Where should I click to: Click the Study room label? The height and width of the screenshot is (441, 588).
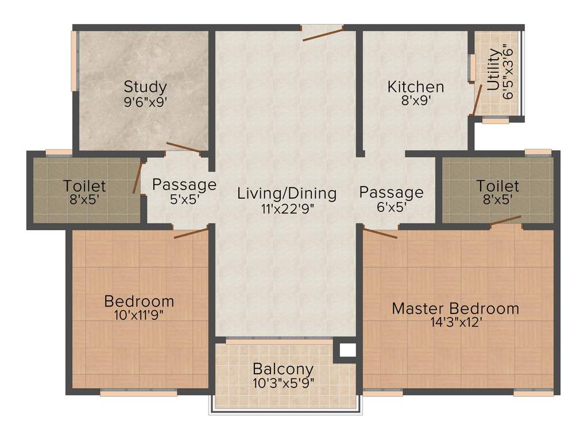pyautogui.click(x=145, y=87)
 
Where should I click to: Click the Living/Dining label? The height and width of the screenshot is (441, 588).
pyautogui.click(x=287, y=194)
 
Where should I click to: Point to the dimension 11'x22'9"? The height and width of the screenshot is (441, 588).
pyautogui.click(x=287, y=208)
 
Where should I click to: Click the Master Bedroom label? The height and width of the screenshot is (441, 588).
pyautogui.click(x=455, y=308)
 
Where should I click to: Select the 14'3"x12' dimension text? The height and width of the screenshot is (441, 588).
pyautogui.click(x=455, y=322)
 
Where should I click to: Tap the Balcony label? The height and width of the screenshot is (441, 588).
pyautogui.click(x=283, y=369)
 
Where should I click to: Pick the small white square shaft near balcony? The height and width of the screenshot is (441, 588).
pyautogui.click(x=345, y=349)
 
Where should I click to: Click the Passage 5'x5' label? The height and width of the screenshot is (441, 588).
pyautogui.click(x=184, y=185)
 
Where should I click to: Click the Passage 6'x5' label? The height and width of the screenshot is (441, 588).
pyautogui.click(x=391, y=192)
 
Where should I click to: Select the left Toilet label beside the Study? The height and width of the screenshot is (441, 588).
pyautogui.click(x=84, y=186)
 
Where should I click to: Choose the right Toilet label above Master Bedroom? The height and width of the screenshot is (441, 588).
pyautogui.click(x=497, y=186)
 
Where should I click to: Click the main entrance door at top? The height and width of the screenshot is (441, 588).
pyautogui.click(x=323, y=33)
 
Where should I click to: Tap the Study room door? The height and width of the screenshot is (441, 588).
pyautogui.click(x=183, y=148)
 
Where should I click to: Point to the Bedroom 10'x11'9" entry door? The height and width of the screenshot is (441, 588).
pyautogui.click(x=191, y=233)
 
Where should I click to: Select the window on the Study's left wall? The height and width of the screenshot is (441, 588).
pyautogui.click(x=73, y=60)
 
